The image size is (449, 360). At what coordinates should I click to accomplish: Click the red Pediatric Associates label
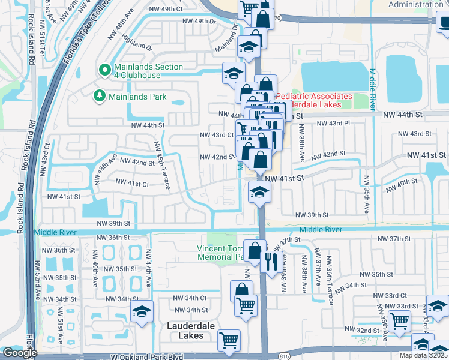click(313, 100)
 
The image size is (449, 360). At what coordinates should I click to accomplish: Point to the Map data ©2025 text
click(423, 355)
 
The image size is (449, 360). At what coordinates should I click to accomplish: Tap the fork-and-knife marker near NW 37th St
click(271, 260)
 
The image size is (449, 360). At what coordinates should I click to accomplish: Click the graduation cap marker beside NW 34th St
click(142, 311)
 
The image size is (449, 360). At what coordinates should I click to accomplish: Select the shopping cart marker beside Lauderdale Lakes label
click(229, 341)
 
